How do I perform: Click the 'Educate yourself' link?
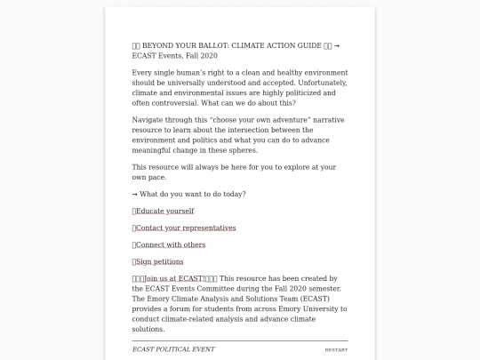[x=164, y=211]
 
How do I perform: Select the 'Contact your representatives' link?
[x=186, y=228]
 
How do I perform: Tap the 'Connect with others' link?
[x=171, y=244]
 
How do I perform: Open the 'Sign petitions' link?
[x=160, y=261]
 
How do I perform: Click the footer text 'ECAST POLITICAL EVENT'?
[x=173, y=349]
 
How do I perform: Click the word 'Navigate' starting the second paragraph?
[x=148, y=119]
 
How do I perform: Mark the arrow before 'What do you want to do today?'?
[x=135, y=194]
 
